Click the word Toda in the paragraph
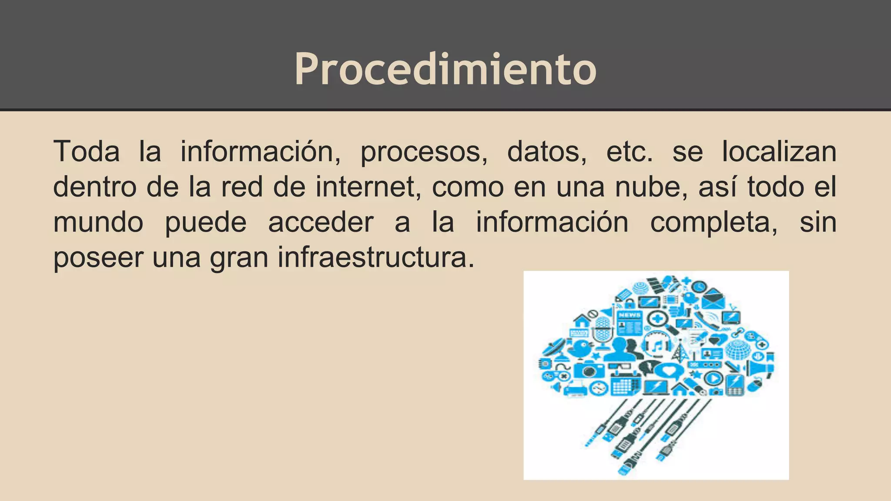click(87, 152)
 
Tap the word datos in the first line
click(547, 152)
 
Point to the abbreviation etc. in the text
click(630, 152)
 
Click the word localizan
click(779, 152)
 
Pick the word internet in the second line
click(368, 187)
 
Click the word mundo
click(98, 222)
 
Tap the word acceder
click(321, 222)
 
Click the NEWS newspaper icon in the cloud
click(630, 322)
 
